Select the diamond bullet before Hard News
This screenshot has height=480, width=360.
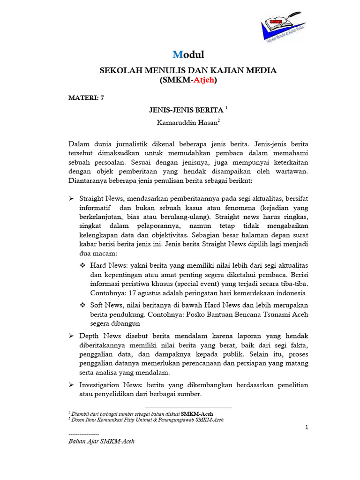[83, 265]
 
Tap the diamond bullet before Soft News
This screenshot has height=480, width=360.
[83, 305]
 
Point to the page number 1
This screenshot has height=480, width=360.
[306, 427]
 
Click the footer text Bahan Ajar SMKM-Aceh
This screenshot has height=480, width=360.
[101, 442]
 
